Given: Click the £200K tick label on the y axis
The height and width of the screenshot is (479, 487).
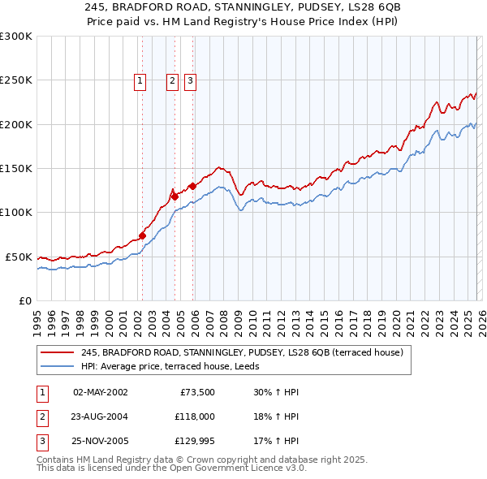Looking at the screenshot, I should [15, 124].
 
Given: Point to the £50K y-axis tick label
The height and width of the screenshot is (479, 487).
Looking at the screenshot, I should [19, 257].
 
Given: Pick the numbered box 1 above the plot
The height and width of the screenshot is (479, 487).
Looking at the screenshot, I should [140, 80].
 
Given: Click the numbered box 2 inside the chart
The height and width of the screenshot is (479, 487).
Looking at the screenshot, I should [173, 80].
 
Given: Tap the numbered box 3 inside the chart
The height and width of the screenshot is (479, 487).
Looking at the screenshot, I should [190, 80].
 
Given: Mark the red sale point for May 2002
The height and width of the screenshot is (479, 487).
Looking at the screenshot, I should [142, 236].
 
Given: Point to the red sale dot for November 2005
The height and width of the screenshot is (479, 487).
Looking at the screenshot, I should [192, 186].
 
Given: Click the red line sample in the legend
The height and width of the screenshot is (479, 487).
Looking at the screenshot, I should [58, 352].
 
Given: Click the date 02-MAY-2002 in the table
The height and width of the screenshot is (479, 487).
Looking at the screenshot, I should [101, 392].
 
